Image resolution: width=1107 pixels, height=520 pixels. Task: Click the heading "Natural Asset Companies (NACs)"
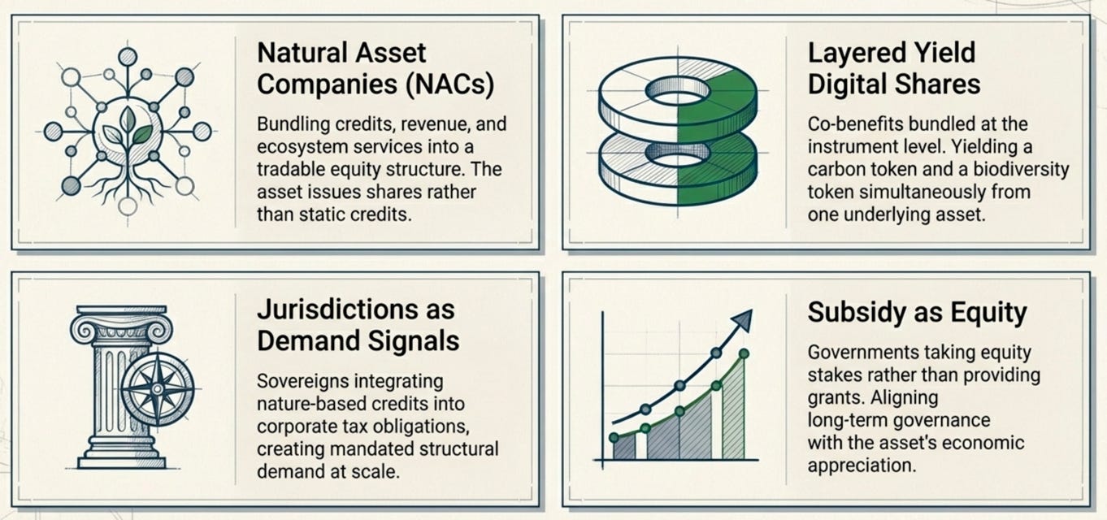pyautogui.click(x=376, y=68)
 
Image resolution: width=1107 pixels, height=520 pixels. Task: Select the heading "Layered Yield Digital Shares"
pyautogui.click(x=894, y=68)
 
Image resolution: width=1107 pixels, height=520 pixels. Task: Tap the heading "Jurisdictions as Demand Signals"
pyautogui.click(x=358, y=326)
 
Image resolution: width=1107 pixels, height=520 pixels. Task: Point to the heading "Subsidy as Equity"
pyautogui.click(x=918, y=313)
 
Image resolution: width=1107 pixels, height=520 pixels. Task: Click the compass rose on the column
pyautogui.click(x=158, y=389)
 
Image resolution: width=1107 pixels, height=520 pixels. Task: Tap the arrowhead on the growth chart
pyautogui.click(x=742, y=321)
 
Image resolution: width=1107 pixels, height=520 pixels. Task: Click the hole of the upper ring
pyautogui.click(x=678, y=92)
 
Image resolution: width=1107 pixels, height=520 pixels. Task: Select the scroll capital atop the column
pyautogui.click(x=121, y=327)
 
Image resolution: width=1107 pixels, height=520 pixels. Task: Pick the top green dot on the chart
pyautogui.click(x=744, y=353)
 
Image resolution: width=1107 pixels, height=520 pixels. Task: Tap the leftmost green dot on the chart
pyautogui.click(x=614, y=437)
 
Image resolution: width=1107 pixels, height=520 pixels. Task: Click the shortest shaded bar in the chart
pyautogui.click(x=625, y=448)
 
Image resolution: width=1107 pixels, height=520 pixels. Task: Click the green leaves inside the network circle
pyautogui.click(x=128, y=130)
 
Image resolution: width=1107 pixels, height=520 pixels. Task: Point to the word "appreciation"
pyautogui.click(x=862, y=466)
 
